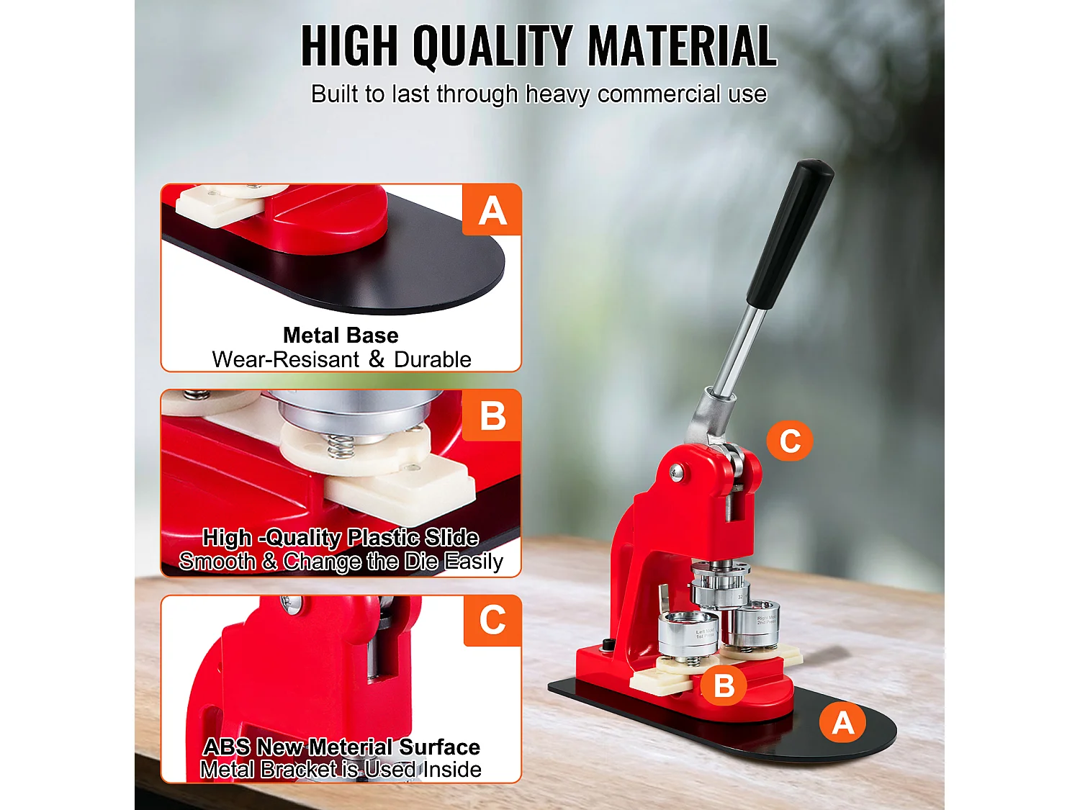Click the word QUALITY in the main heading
pos(492,46)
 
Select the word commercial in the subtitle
pos(658,94)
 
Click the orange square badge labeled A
pos(492,210)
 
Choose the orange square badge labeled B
pos(492,416)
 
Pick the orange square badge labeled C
pos(492,621)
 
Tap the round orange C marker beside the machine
pos(790,440)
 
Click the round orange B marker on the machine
pos(724,685)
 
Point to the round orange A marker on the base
pos(842,722)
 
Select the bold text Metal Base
pos(341,336)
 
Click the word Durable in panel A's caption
pos(433,359)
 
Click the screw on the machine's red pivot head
pos(676,472)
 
